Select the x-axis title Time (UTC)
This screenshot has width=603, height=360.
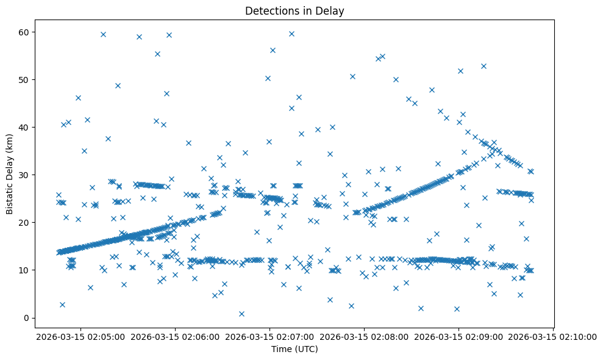[x=294, y=350]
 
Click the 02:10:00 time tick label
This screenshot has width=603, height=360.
[x=553, y=336]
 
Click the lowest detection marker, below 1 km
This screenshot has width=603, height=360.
[x=241, y=314]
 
